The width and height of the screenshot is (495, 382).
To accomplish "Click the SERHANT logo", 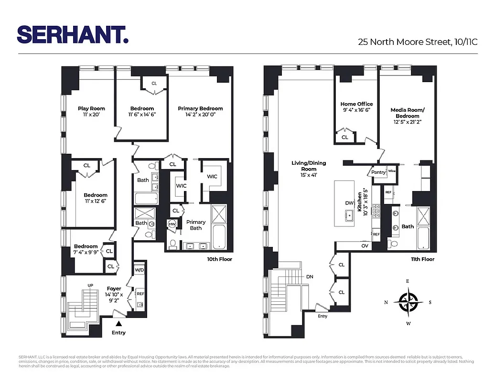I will (x=73, y=34).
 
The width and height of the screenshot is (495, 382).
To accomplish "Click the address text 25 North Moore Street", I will (x=418, y=42).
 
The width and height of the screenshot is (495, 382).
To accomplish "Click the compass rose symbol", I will (x=408, y=302).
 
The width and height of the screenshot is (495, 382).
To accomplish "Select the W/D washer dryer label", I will (x=139, y=270).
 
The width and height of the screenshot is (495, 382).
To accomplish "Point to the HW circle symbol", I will (x=172, y=224).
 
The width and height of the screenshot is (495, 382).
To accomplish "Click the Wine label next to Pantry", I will (x=392, y=170).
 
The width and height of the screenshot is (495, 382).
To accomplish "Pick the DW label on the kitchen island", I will (x=350, y=203).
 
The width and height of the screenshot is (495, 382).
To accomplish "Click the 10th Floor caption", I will (x=219, y=259).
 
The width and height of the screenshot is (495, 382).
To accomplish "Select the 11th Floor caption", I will (x=422, y=259).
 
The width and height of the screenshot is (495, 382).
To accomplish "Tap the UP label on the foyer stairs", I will (x=90, y=285).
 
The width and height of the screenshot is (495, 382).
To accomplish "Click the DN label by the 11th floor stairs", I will (x=310, y=276).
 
